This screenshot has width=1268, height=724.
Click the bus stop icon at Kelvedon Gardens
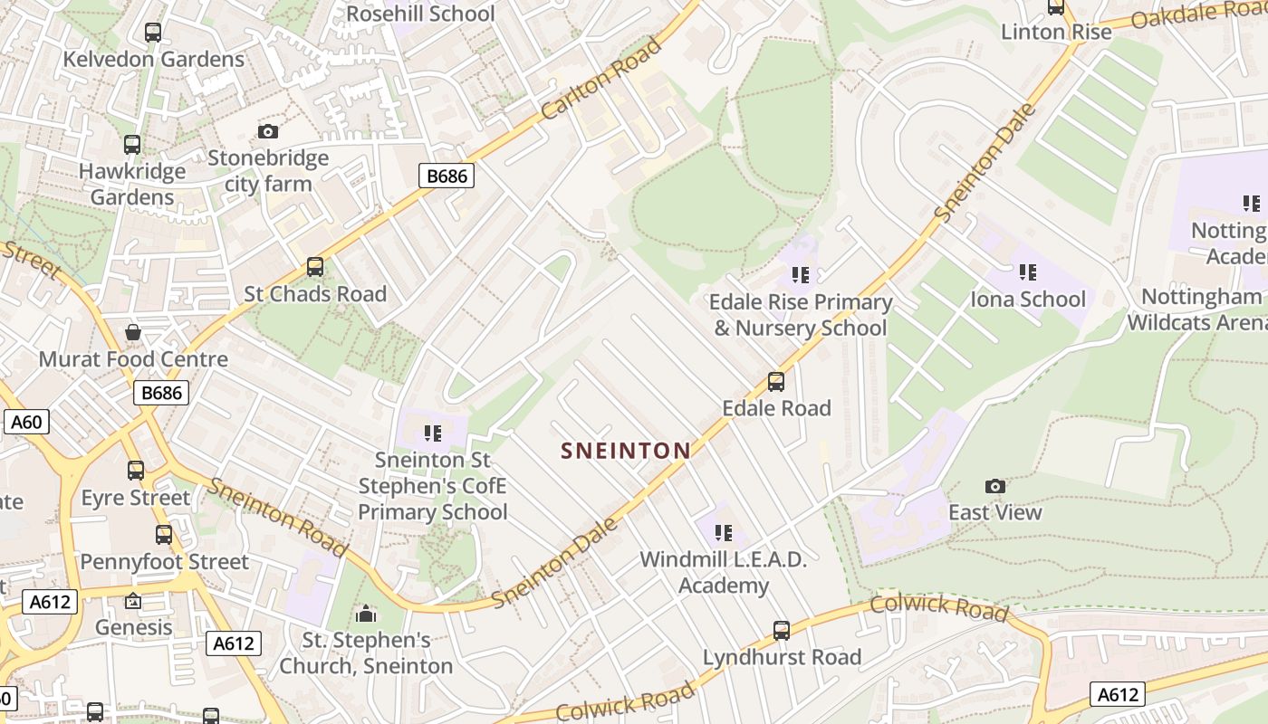coord(153,33)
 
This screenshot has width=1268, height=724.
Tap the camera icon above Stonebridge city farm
coord(267,131)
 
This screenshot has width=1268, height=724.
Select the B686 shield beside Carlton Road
coord(447,176)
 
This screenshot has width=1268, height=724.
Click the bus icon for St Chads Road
coord(315,267)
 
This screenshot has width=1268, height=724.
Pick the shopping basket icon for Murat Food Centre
coord(133,332)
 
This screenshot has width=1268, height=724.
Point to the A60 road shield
coord(26,422)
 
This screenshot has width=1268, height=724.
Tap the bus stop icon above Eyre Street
coord(136,471)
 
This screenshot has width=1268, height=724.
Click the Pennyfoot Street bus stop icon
coord(164,535)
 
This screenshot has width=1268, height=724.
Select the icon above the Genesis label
coord(133,601)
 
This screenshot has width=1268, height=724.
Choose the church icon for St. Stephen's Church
coord(366,614)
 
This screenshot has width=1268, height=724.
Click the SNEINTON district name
coord(626,450)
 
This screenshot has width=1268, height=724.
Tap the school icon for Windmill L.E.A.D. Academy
coord(723,532)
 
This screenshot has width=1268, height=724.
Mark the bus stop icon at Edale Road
coord(776,382)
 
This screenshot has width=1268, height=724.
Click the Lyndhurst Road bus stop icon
coord(782,631)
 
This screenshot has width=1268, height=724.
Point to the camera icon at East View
coord(995,486)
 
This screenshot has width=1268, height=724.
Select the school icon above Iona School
coord(1027,271)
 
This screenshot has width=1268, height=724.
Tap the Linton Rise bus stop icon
coord(1056,7)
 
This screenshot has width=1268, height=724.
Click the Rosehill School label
coord(421,14)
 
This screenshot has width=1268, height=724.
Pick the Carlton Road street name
coord(602,80)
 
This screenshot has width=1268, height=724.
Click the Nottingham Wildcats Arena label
coord(1196,309)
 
